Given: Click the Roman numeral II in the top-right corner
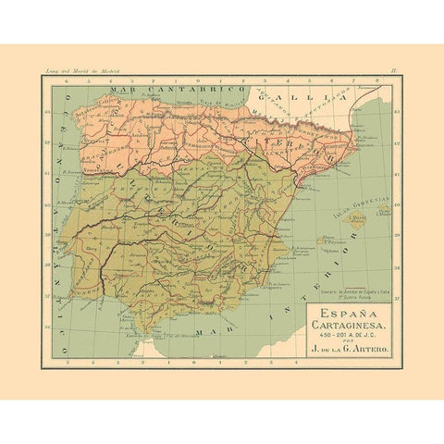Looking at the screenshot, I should tap(394, 69).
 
